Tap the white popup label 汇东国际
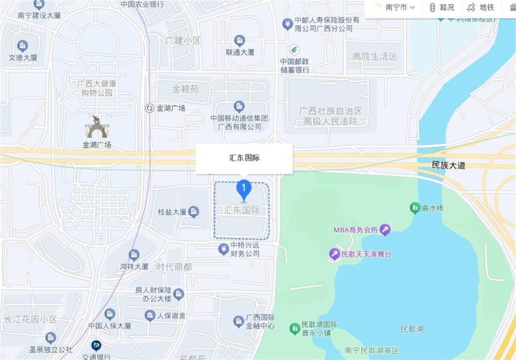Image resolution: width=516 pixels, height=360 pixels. [x=244, y=159]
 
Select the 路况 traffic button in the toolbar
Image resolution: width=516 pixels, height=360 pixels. [x=441, y=8]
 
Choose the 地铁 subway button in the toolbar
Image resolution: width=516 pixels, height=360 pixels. [x=481, y=8]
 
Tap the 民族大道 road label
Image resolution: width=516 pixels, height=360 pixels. [x=448, y=165]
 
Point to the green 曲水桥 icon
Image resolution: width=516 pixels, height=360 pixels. [x=414, y=207]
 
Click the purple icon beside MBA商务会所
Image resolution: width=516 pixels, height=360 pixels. [x=385, y=231]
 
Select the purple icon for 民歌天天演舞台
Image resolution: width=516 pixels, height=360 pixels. [x=335, y=254]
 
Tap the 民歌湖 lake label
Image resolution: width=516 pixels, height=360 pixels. [x=412, y=328]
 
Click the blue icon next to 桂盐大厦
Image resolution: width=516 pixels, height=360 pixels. [x=193, y=212]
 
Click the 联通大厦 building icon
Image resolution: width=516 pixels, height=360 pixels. [x=240, y=41]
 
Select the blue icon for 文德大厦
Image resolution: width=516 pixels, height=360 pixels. [x=23, y=46]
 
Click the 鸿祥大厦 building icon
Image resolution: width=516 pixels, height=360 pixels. [x=134, y=255]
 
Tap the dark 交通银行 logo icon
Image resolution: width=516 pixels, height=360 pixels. [x=96, y=345]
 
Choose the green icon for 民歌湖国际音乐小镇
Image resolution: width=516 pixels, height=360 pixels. [x=295, y=328]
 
